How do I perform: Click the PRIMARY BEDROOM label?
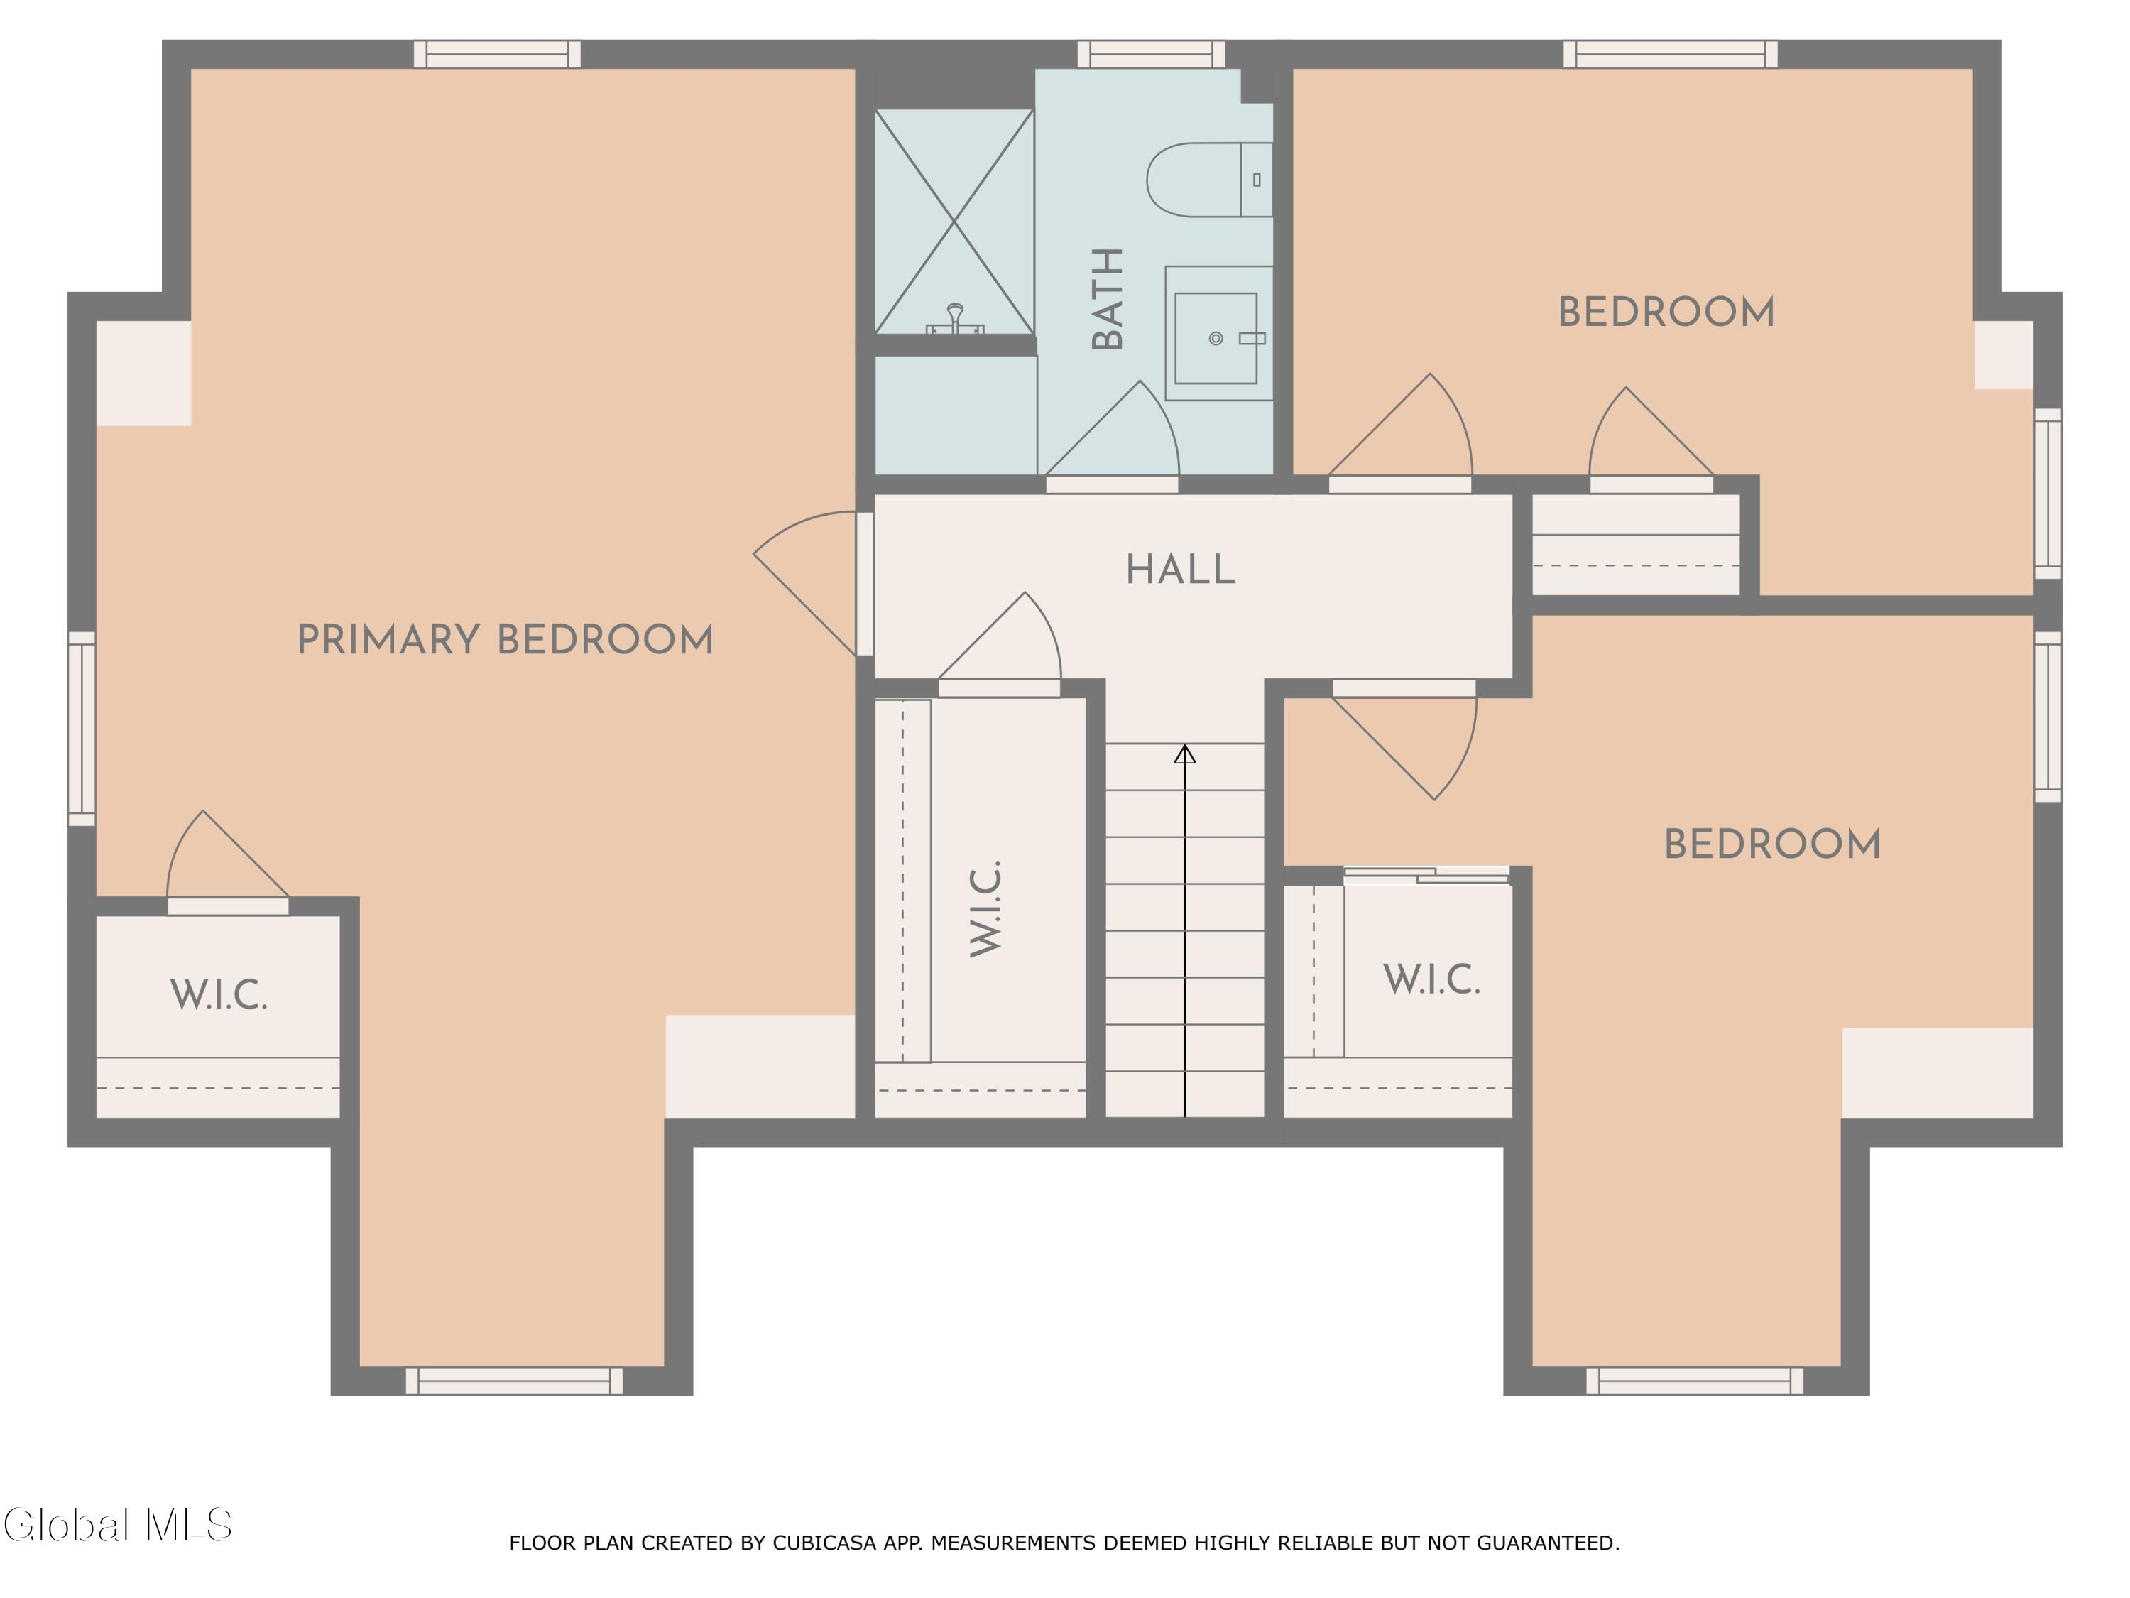click(x=505, y=641)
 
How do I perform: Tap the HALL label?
click(x=1181, y=570)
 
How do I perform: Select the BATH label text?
click(x=1108, y=298)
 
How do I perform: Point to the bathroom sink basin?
click(x=1216, y=338)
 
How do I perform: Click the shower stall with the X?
click(x=954, y=222)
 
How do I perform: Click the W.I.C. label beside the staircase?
click(x=986, y=908)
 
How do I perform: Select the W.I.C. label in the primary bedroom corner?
click(x=219, y=995)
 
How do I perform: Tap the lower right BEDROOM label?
click(x=1771, y=844)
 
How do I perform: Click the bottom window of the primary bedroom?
click(x=514, y=1380)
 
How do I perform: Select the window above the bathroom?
click(x=1151, y=54)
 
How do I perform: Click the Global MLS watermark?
click(x=117, y=1525)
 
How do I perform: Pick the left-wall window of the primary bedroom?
click(x=82, y=728)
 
